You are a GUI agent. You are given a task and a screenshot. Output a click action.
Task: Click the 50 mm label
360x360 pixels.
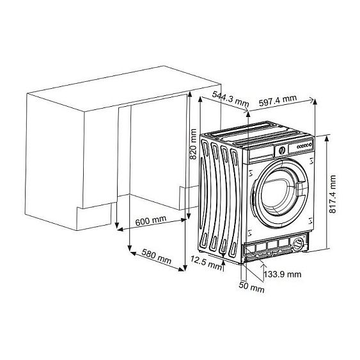pos(253,288)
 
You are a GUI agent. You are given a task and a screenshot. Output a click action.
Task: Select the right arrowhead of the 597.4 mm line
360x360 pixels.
pos(314,100)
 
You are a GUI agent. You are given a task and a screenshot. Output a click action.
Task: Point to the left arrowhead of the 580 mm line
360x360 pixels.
pos(131,249)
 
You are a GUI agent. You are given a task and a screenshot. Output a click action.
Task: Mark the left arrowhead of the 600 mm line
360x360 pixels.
pos(118,227)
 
